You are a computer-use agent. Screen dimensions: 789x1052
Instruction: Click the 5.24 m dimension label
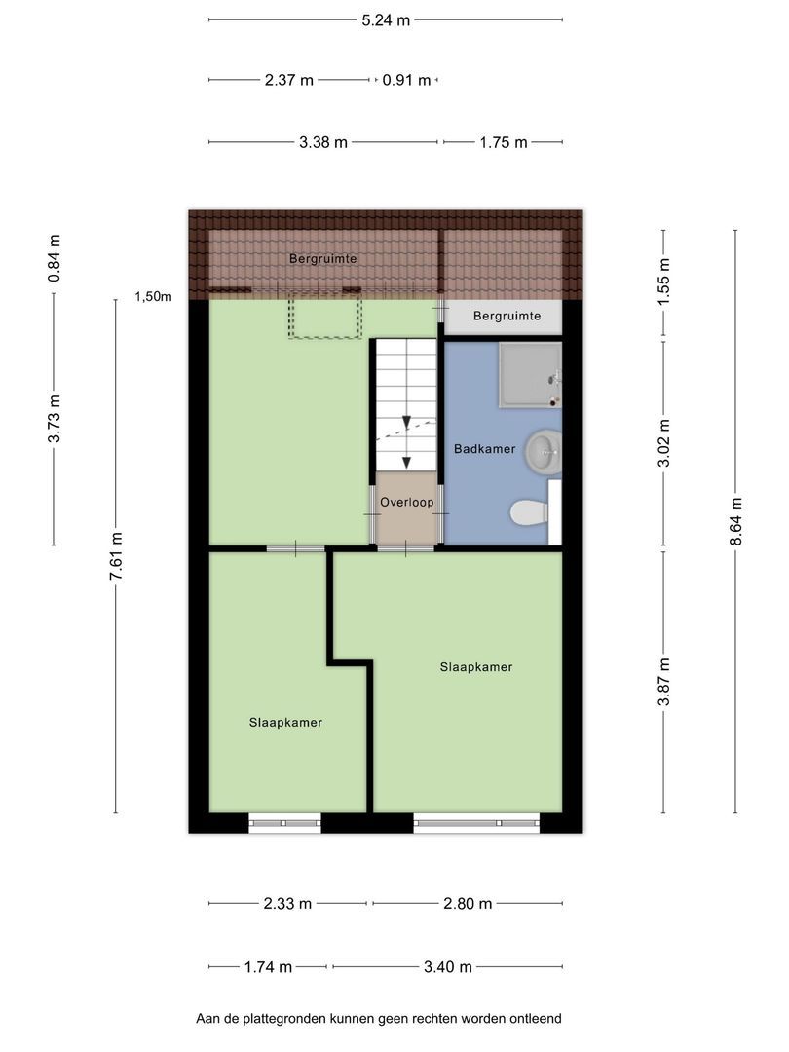(386, 20)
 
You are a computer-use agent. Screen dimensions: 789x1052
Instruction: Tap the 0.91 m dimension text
(406, 81)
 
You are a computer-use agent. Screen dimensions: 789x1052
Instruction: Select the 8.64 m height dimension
(736, 521)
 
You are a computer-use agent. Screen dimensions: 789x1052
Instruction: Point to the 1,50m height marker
(153, 296)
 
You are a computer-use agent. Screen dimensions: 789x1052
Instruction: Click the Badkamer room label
(484, 449)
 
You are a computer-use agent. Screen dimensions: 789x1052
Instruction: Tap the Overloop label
(406, 502)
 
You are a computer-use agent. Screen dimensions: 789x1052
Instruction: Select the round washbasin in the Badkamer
(543, 451)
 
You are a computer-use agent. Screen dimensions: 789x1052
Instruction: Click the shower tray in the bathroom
(530, 375)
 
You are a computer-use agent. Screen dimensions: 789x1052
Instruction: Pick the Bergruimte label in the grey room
(507, 316)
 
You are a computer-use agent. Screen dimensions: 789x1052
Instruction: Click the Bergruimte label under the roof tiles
(322, 259)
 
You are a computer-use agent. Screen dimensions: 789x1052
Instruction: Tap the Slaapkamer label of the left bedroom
(285, 723)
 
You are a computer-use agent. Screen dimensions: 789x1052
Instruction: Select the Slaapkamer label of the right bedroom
(476, 667)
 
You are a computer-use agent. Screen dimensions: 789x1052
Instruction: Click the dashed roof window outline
(325, 314)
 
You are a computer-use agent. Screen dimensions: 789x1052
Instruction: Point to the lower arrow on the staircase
(406, 462)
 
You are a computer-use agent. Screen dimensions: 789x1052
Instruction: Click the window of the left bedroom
(284, 823)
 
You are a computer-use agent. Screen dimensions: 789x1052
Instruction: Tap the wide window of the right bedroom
(476, 823)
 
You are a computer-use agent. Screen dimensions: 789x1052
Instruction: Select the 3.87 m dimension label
(663, 682)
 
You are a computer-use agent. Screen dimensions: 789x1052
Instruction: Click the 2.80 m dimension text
(468, 904)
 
